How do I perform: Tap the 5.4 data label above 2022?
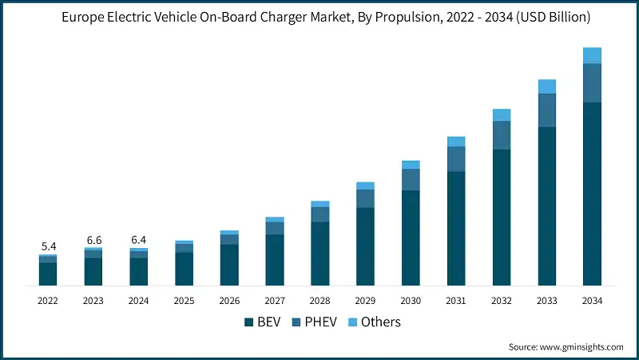48,245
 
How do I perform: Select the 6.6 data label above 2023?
93,239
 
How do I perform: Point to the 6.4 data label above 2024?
139,239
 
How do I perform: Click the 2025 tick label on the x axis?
184,300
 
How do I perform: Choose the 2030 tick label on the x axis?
411,300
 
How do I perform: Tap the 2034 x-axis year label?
592,300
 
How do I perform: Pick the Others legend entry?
374,322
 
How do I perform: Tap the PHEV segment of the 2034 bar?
592,82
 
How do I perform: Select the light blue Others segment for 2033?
546,86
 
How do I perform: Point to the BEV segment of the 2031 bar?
456,228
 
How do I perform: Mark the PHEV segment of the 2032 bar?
502,135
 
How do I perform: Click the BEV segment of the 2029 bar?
365,246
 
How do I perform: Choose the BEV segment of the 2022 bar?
48,274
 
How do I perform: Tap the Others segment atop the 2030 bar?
411,165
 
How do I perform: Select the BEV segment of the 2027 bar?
275,260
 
